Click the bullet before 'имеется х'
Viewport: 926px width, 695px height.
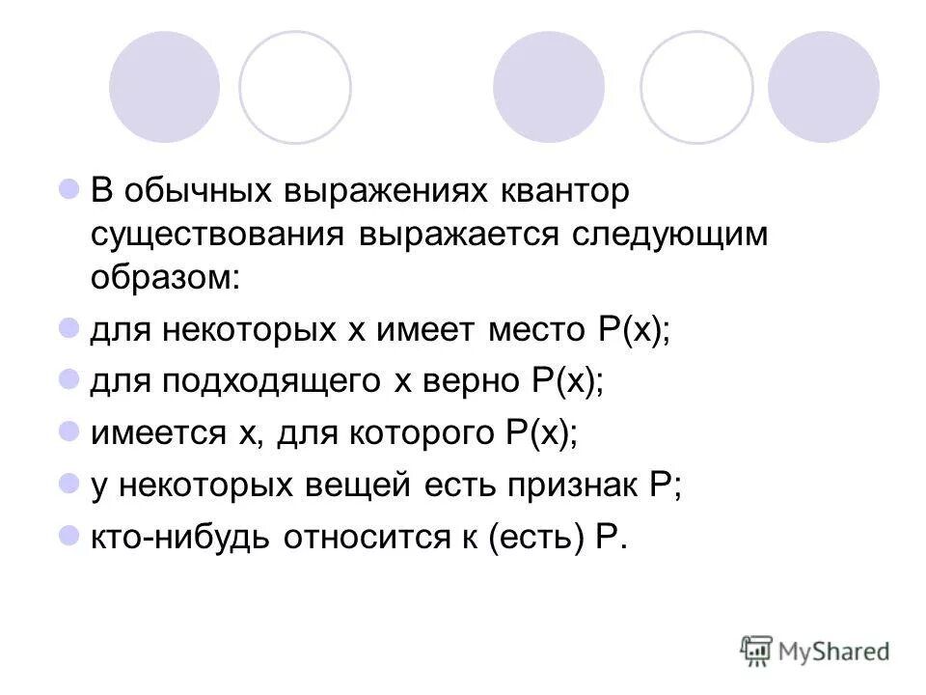coord(68,431)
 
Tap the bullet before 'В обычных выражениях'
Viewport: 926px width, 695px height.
coord(68,188)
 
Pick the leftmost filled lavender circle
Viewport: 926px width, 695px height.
coord(164,87)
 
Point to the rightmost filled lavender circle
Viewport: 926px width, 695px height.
coord(823,87)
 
